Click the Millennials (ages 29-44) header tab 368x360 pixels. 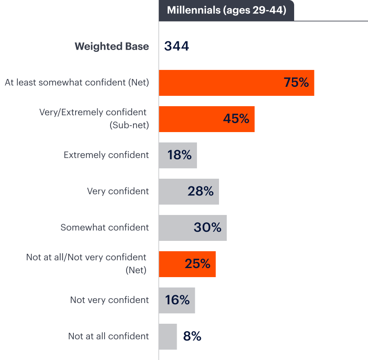pyautogui.click(x=226, y=10)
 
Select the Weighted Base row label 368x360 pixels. pyautogui.click(x=112, y=47)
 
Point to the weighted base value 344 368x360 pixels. pyautogui.click(x=177, y=47)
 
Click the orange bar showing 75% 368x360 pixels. pyautogui.click(x=236, y=82)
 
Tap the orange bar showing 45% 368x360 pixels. pyautogui.click(x=206, y=119)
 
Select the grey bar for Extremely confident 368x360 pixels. pyautogui.click(x=178, y=155)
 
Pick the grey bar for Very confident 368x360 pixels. pyautogui.click(x=189, y=191)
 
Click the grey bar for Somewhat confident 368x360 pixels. pyautogui.click(x=193, y=227)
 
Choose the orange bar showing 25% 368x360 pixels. pyautogui.click(x=187, y=264)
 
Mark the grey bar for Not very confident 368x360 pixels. pyautogui.click(x=177, y=300)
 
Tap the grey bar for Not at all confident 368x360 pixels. pyautogui.click(x=168, y=336)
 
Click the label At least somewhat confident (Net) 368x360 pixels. pyautogui.click(x=77, y=82)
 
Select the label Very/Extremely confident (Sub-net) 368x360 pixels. pyautogui.click(x=93, y=119)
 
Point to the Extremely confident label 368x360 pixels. pyautogui.click(x=106, y=155)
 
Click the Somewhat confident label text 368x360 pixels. pyautogui.click(x=105, y=227)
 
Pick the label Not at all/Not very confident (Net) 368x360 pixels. pyautogui.click(x=86, y=264)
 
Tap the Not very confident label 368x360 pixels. pyautogui.click(x=109, y=300)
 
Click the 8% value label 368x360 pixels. pyautogui.click(x=192, y=336)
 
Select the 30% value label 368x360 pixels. pyautogui.click(x=207, y=227)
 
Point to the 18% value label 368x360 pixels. pyautogui.click(x=180, y=155)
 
